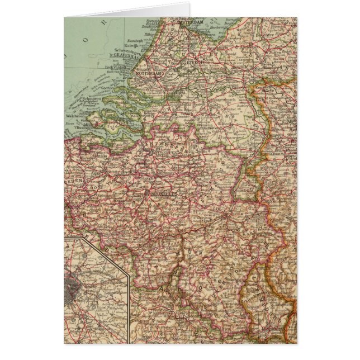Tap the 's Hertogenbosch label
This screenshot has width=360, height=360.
[x=212, y=96]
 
